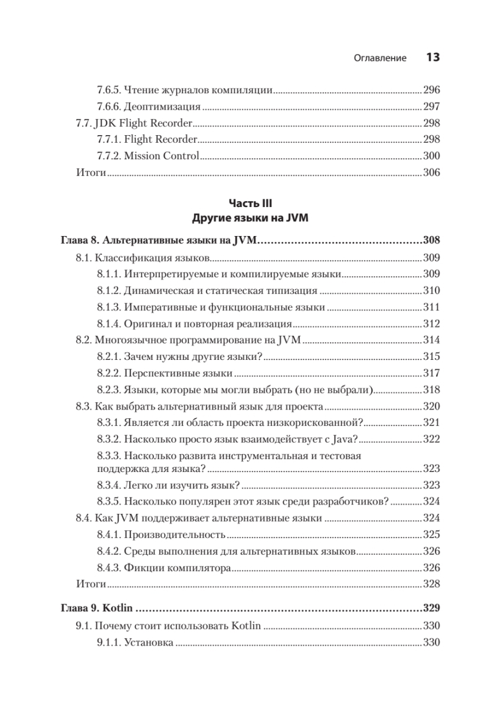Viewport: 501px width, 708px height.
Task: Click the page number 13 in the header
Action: (x=433, y=57)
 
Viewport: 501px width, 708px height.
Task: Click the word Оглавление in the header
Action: (x=380, y=58)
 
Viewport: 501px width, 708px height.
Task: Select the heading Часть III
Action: (x=251, y=204)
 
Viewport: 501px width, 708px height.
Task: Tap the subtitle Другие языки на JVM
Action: (x=251, y=218)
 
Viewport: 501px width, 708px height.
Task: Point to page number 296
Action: (x=432, y=91)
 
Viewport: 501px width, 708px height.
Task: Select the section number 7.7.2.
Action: (x=109, y=156)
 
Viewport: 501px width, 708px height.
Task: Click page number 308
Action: (x=432, y=241)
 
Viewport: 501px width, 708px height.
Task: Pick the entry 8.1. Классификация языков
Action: (x=143, y=258)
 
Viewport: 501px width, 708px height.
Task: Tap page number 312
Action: (x=432, y=323)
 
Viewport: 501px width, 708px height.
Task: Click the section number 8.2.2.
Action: (x=109, y=373)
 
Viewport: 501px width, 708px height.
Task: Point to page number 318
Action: (x=432, y=389)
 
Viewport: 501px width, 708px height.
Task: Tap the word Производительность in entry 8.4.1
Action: (x=175, y=535)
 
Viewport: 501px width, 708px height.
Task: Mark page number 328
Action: (x=432, y=584)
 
